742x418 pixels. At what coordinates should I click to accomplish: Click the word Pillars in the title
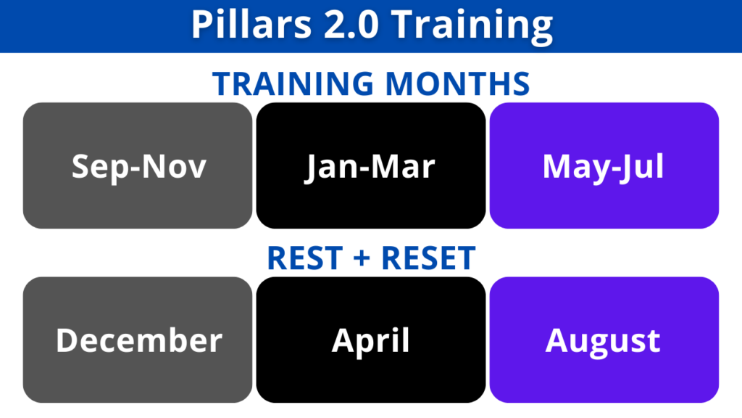pyautogui.click(x=251, y=25)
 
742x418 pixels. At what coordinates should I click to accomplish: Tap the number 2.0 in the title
pyautogui.click(x=351, y=25)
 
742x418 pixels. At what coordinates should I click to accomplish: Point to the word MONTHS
pyautogui.click(x=458, y=84)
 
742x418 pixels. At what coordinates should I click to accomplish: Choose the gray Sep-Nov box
pyautogui.click(x=138, y=165)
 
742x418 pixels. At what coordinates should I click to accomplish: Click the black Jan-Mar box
pyautogui.click(x=371, y=165)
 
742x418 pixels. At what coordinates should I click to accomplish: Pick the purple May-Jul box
pyautogui.click(x=604, y=165)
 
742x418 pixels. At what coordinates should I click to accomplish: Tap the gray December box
pyautogui.click(x=138, y=340)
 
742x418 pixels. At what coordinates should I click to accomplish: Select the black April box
pyautogui.click(x=371, y=340)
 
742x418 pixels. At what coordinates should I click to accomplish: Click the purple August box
pyautogui.click(x=604, y=340)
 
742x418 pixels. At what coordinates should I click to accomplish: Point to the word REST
pyautogui.click(x=305, y=258)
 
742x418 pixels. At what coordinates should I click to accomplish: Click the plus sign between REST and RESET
pyautogui.click(x=362, y=259)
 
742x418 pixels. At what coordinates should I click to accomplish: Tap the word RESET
pyautogui.click(x=428, y=258)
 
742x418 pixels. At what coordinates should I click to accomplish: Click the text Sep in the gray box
pyautogui.click(x=99, y=168)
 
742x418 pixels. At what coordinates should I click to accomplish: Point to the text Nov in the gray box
pyautogui.click(x=174, y=166)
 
